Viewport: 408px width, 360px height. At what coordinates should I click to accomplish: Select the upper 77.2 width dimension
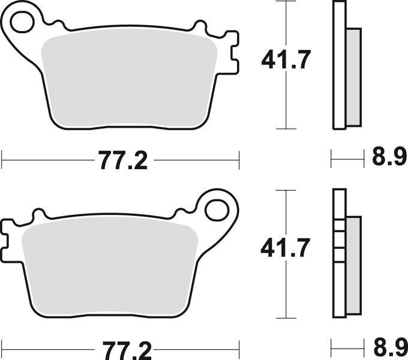122,161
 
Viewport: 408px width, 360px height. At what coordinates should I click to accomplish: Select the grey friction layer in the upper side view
354,77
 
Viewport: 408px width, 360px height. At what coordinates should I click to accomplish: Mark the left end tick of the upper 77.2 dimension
2,160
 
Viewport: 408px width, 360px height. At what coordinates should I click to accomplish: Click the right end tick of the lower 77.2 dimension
239,347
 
